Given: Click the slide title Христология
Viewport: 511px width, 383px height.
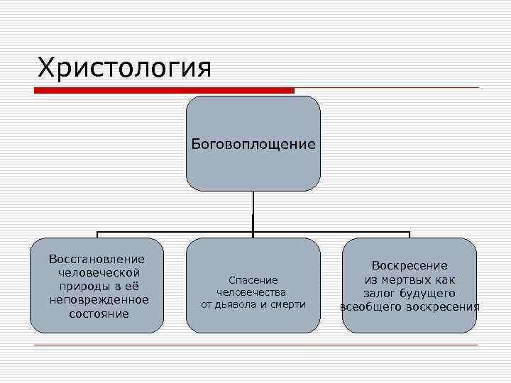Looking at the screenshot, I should [x=124, y=68].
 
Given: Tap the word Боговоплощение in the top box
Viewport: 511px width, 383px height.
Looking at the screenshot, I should [x=253, y=145].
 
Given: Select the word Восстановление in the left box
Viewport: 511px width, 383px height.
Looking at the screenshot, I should [x=97, y=260].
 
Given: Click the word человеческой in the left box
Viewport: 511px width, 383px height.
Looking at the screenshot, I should [x=97, y=273].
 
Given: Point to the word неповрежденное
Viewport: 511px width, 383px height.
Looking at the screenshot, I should [x=97, y=300].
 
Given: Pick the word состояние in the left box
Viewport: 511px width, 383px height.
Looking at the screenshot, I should [x=97, y=313].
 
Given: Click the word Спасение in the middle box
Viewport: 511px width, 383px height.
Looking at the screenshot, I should [x=253, y=280].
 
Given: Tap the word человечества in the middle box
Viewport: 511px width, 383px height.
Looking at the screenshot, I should [x=253, y=292].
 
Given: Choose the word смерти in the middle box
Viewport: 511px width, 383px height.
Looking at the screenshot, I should [x=287, y=305].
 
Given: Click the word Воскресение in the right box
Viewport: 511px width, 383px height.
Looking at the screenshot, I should [x=410, y=266].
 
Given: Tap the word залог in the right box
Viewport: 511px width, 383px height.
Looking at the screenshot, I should [x=381, y=294].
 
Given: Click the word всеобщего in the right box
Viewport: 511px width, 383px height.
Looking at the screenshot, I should [x=370, y=307].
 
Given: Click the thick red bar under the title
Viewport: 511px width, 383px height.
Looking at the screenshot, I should [x=165, y=91].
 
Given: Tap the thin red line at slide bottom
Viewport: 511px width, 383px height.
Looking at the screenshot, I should [x=255, y=345].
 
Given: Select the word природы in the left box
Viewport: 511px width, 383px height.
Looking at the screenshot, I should [x=81, y=287].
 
